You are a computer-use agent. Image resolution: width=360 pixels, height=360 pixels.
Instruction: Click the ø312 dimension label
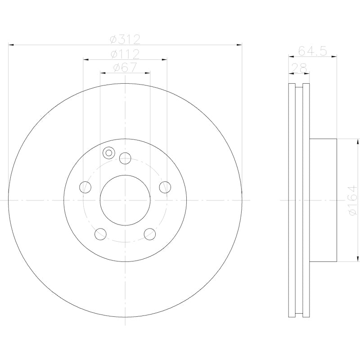coord(125,40)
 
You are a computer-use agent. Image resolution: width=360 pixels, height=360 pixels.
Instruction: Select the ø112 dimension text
coord(125,54)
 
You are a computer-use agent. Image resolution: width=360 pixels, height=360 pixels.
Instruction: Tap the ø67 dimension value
coord(125,67)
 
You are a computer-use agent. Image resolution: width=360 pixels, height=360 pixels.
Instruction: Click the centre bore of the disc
coord(125,200)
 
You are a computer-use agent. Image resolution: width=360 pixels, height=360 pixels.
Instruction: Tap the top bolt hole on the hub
coord(125,158)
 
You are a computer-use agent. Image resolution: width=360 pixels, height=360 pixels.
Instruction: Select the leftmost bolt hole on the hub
coord(85,187)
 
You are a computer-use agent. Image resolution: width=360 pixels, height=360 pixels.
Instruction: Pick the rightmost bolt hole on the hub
coord(165,187)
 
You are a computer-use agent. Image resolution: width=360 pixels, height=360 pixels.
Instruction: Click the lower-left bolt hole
coord(100,234)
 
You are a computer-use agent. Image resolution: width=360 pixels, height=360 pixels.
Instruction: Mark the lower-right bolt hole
coord(149,234)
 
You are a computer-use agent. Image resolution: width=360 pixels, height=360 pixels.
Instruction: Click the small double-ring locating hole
coord(108,153)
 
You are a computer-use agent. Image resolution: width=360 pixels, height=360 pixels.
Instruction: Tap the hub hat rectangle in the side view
coord(323,200)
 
